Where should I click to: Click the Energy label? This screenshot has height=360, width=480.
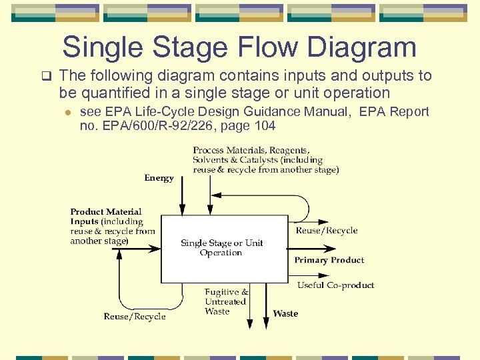point(159,178)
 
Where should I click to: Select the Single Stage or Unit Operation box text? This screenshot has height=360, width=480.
point(221,248)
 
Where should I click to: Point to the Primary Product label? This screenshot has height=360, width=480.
point(329,260)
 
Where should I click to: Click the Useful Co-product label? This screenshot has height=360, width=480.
point(335,285)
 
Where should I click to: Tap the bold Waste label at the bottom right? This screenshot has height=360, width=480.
point(285,313)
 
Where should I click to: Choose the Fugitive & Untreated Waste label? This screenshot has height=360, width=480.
point(226,301)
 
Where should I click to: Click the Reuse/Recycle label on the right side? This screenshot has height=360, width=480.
point(327,231)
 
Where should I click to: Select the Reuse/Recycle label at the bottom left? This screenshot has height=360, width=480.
point(135,317)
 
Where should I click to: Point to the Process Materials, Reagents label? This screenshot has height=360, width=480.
point(251,150)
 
